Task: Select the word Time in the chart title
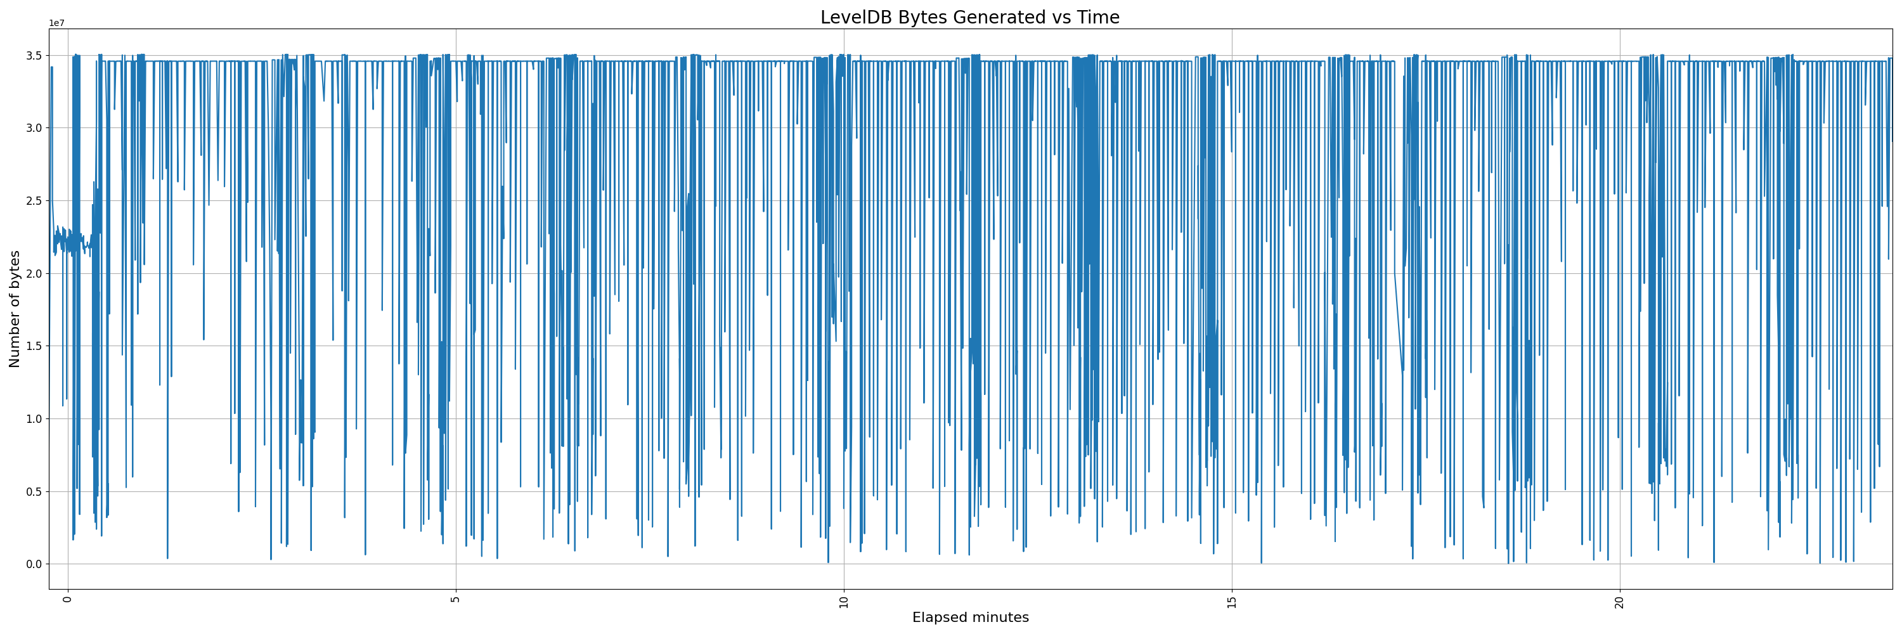pyautogui.click(x=1099, y=18)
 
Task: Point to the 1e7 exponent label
pyautogui.click(x=57, y=23)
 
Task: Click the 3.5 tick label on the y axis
pyautogui.click(x=35, y=55)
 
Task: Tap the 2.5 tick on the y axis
pyautogui.click(x=35, y=201)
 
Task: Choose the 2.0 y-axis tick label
pyautogui.click(x=35, y=274)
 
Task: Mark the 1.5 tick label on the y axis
pyautogui.click(x=35, y=346)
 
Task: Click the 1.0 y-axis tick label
pyautogui.click(x=35, y=419)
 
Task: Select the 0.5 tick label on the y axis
pyautogui.click(x=35, y=491)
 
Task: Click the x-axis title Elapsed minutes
pyautogui.click(x=970, y=618)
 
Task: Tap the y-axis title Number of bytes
pyautogui.click(x=15, y=309)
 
